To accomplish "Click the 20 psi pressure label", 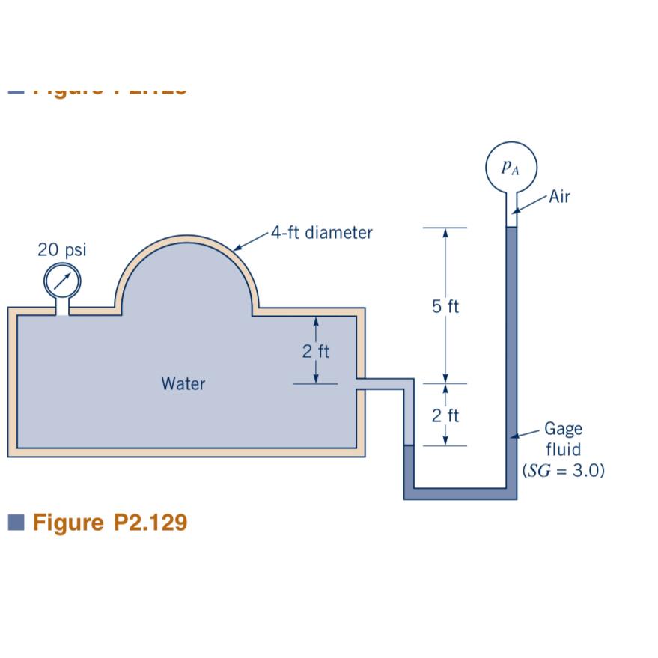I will pos(61,250).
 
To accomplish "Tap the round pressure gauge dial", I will pos(61,281).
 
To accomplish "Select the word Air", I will pos(558,198).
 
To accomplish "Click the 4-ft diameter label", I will pos(321,232).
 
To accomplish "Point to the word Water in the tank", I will pos(183,384).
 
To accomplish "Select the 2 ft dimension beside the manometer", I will pos(446,416).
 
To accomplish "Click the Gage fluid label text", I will pos(562,439).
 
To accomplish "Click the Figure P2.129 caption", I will pos(110,522).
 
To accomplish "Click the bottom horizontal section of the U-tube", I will pos(460,493).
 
